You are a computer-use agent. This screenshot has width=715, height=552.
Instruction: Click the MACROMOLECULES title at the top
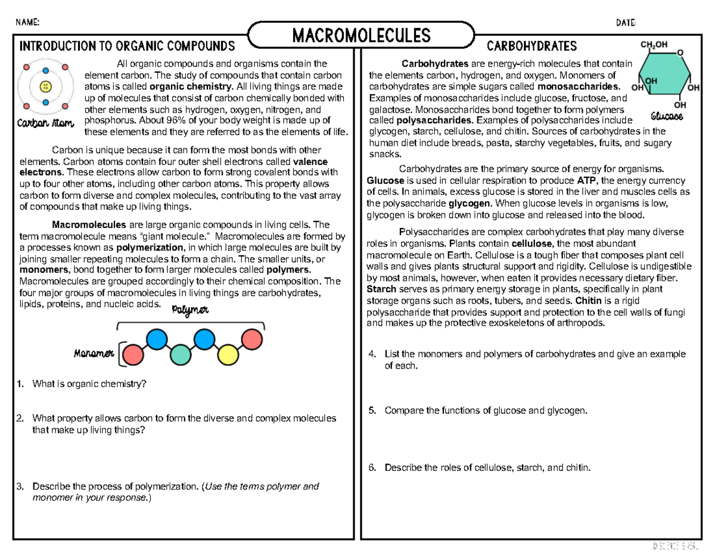[361, 36]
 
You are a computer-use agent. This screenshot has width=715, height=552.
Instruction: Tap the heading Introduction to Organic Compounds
[128, 46]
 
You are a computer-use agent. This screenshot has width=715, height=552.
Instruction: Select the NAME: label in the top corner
[28, 23]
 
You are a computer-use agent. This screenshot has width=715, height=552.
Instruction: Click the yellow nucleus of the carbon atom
[45, 87]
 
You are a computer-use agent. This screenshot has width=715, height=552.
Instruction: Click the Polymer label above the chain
[190, 310]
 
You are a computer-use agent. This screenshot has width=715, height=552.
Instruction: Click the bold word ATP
[585, 180]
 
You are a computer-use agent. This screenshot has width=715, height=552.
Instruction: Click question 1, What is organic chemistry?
[89, 383]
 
